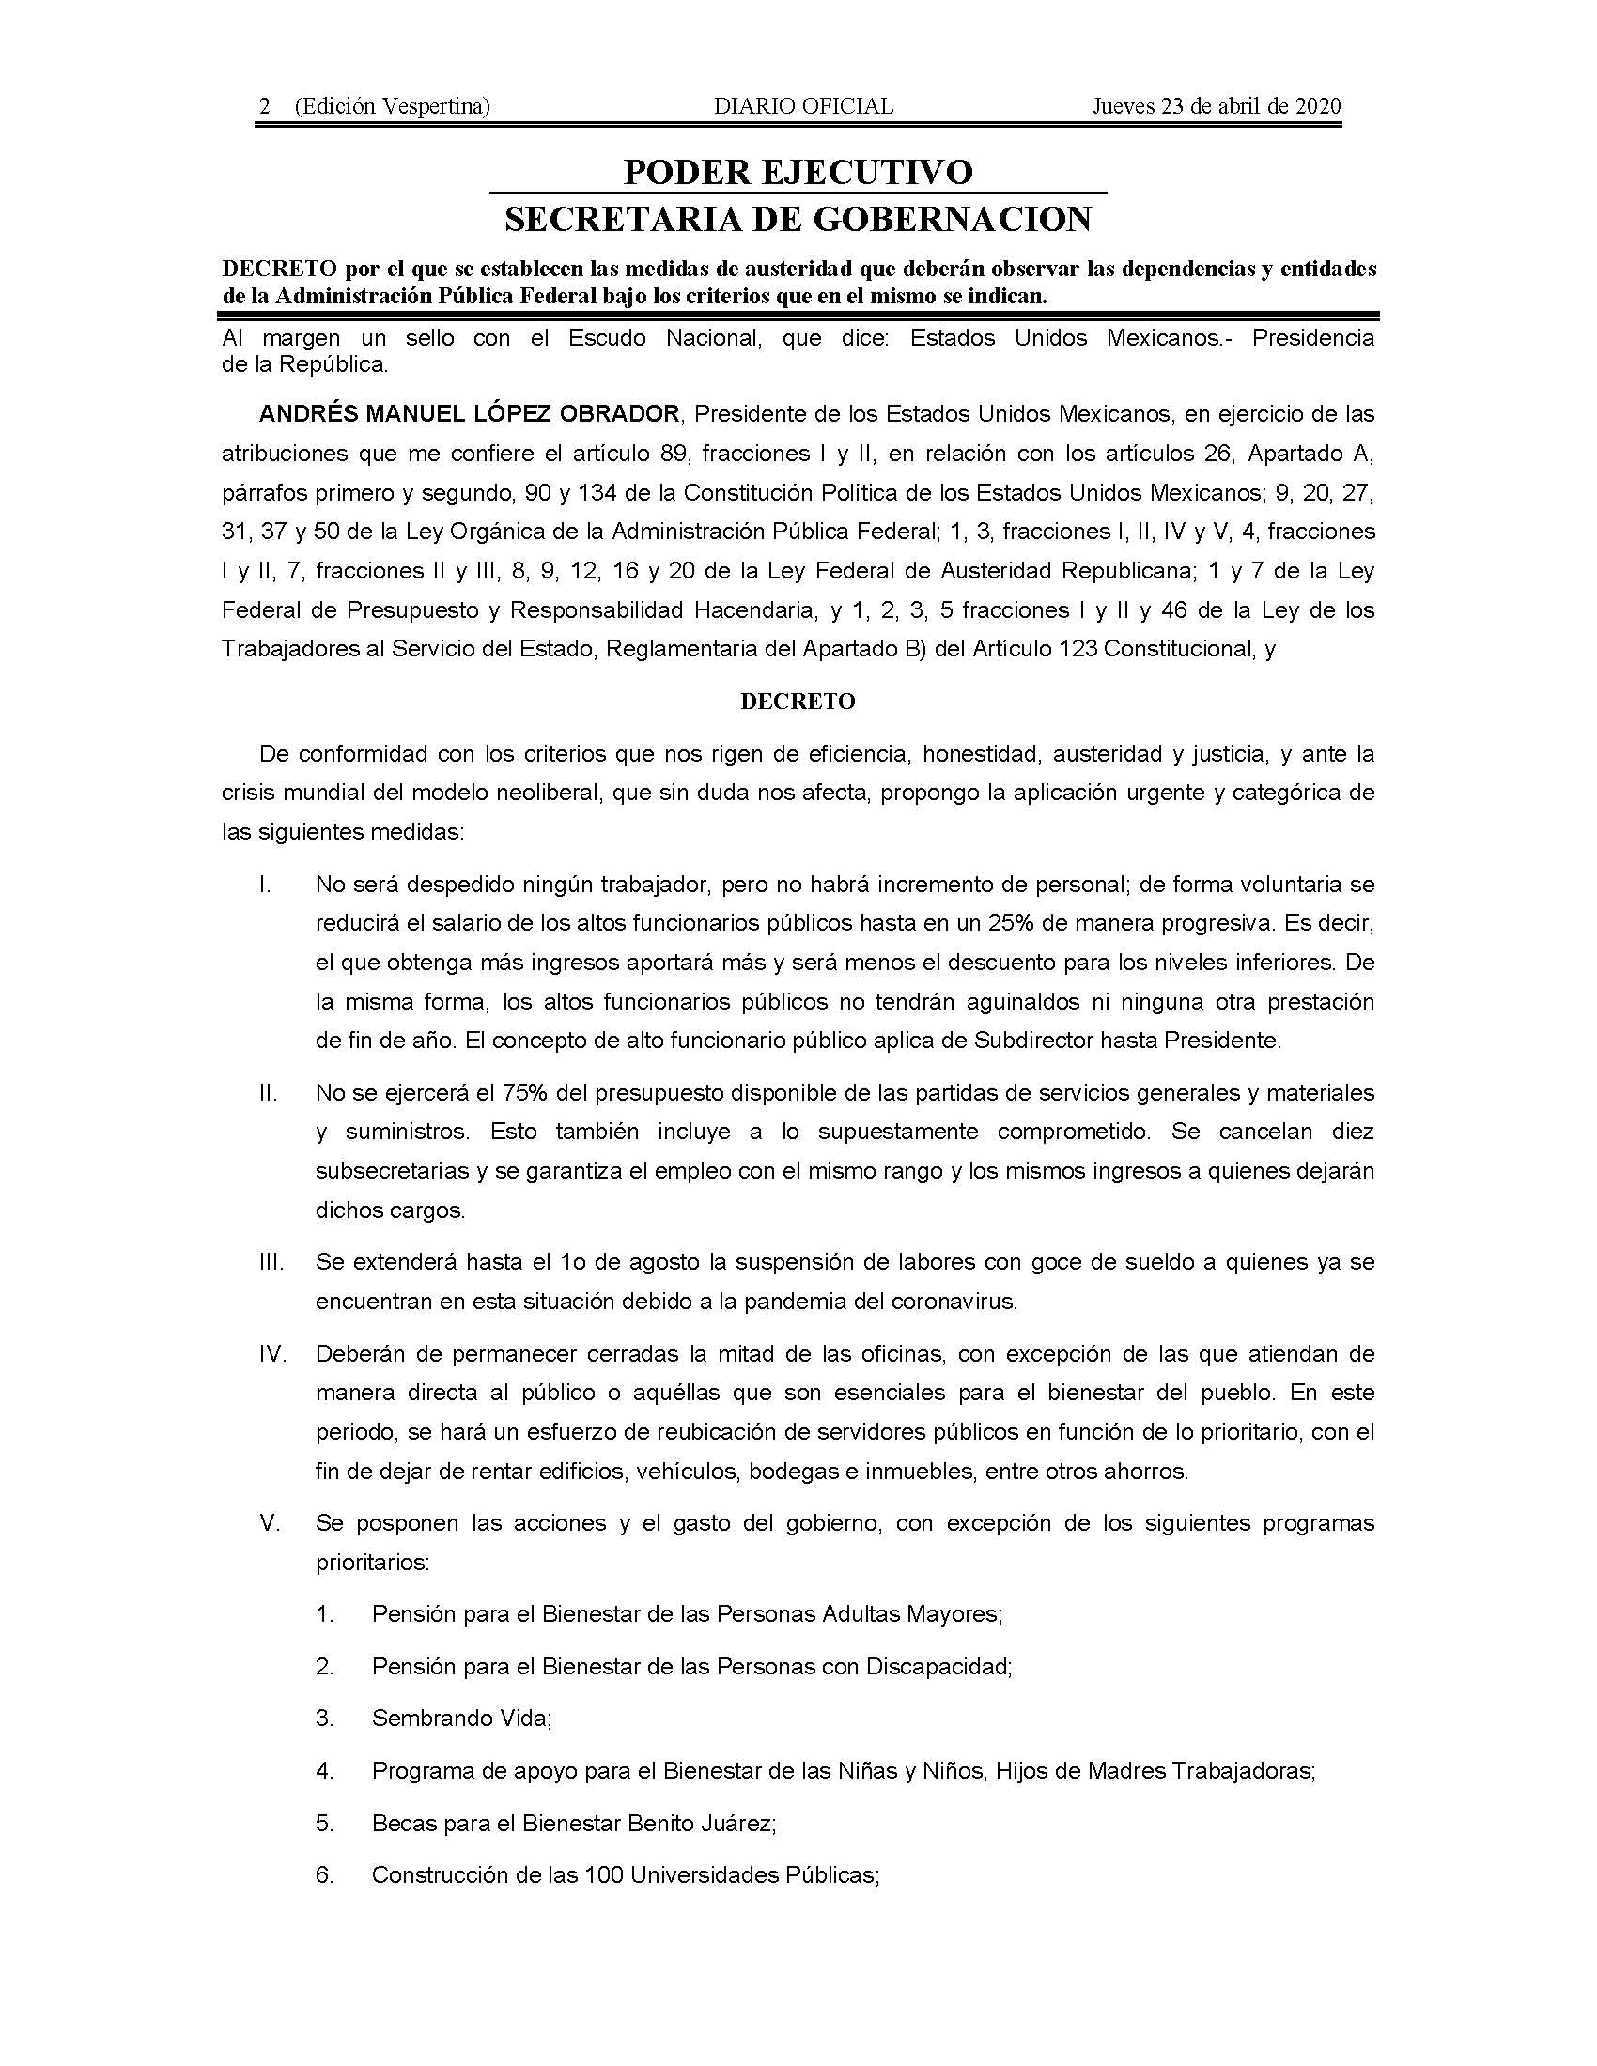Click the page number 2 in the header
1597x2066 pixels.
tap(265, 107)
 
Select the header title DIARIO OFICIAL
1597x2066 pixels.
tap(803, 107)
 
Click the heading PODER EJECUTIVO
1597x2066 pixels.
tap(798, 172)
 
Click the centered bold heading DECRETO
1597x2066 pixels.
tap(798, 702)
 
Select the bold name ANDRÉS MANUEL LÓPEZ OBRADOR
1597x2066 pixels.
tap(470, 414)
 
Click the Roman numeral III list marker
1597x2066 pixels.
tap(271, 1263)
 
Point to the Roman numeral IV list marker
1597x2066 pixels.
tap(272, 1353)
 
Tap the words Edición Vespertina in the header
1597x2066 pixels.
tap(392, 107)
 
